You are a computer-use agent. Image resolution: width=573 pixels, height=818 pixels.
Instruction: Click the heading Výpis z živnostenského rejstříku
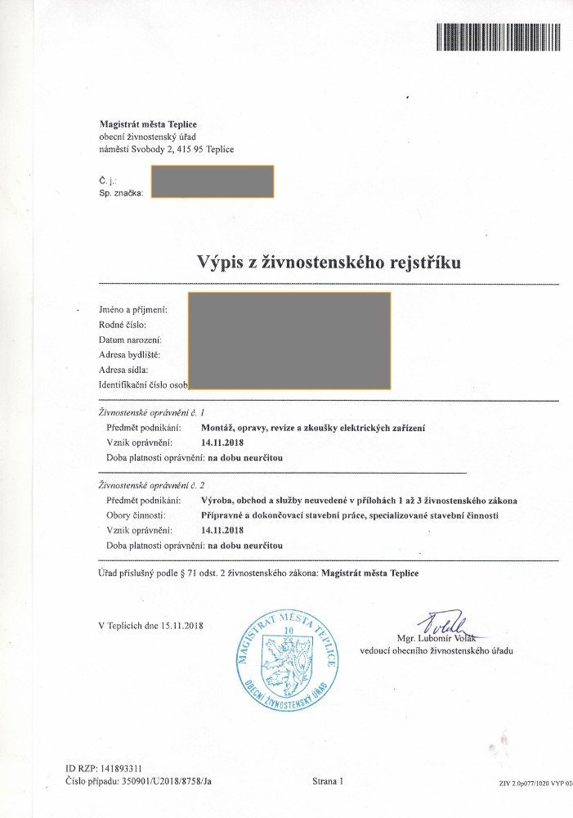click(329, 263)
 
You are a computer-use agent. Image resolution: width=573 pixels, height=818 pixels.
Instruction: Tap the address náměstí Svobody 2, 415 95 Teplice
click(166, 149)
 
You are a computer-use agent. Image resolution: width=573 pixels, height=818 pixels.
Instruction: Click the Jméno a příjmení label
click(132, 310)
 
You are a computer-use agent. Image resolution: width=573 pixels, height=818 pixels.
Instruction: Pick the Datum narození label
click(130, 339)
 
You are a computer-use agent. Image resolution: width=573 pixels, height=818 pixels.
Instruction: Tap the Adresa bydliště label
click(128, 354)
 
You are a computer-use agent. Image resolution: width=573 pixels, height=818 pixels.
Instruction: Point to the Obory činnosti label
click(137, 515)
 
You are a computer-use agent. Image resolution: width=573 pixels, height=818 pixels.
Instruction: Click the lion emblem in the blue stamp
click(286, 662)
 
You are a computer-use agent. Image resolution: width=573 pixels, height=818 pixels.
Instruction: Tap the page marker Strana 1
click(328, 782)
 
